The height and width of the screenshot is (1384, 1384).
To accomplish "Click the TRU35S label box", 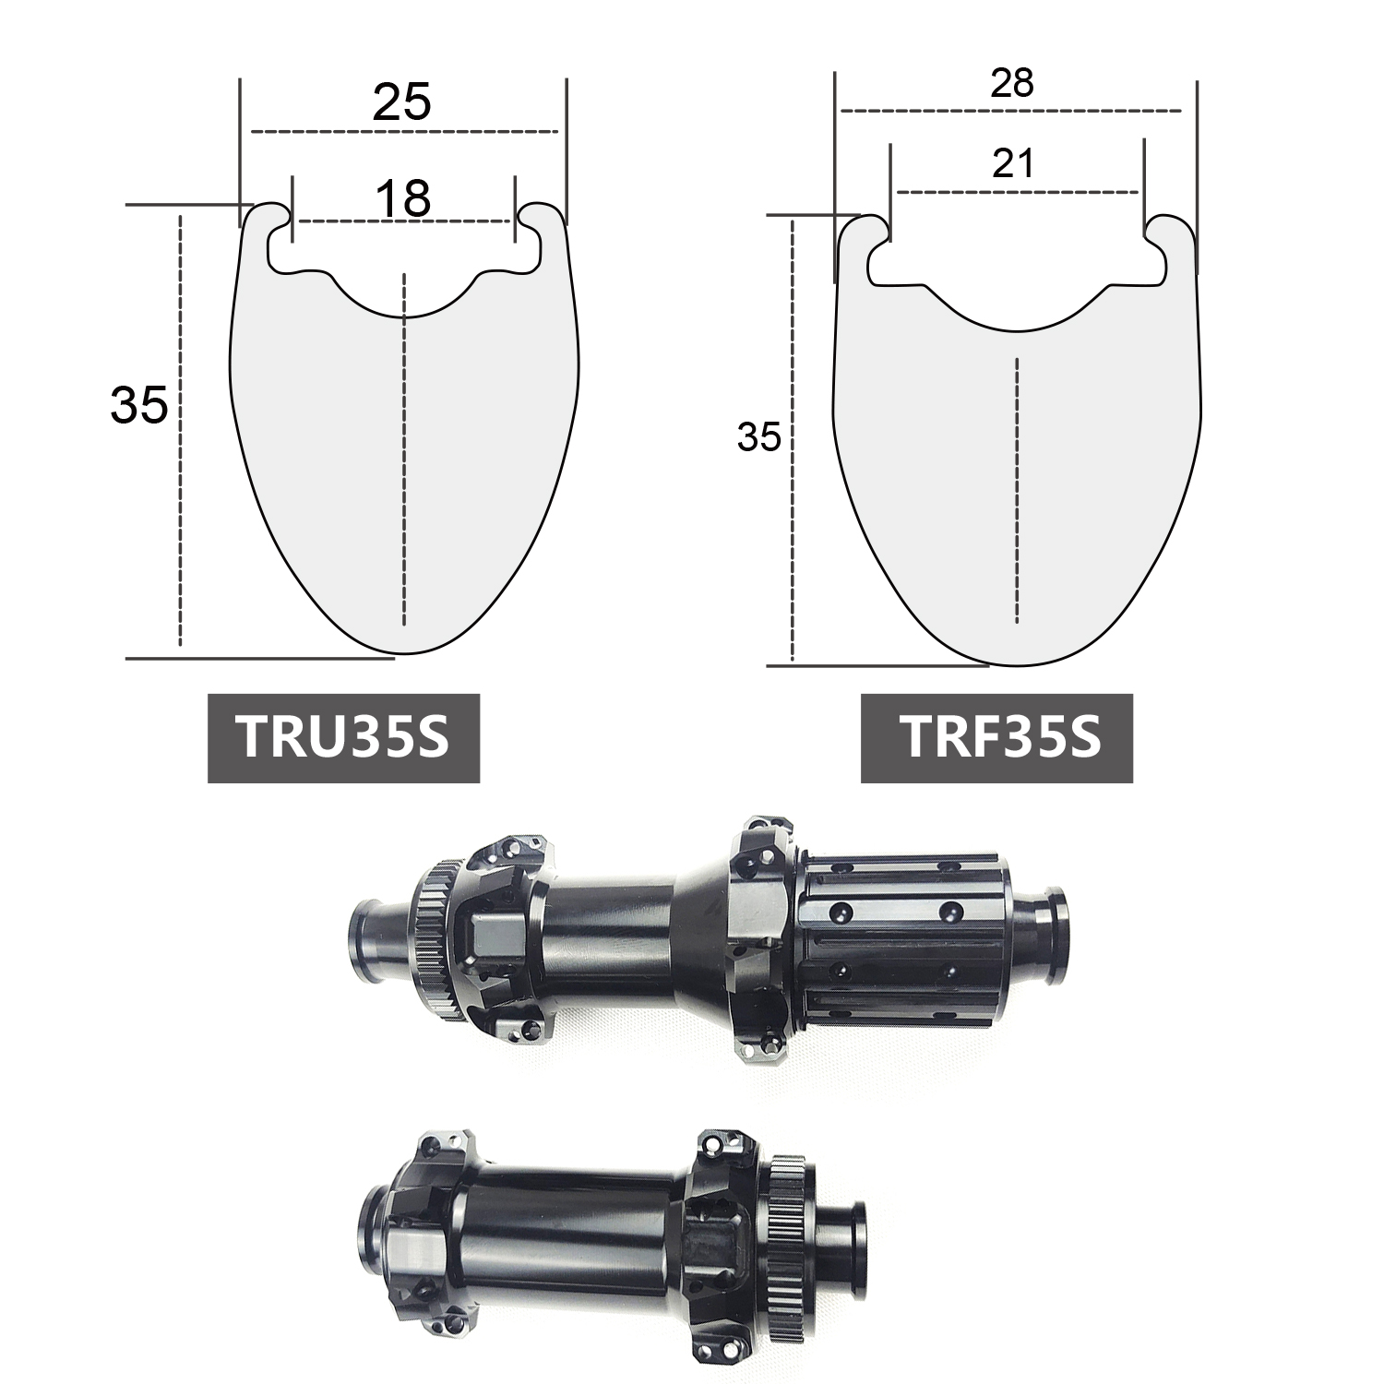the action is [343, 738].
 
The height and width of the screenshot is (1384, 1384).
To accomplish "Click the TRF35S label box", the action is [996, 738].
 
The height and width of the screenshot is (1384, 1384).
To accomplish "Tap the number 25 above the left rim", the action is [402, 102].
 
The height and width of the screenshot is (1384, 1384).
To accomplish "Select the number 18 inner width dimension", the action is [404, 198].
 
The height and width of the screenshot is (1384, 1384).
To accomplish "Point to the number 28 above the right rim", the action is [1011, 84].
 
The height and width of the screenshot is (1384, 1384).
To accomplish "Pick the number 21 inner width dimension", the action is [1013, 163].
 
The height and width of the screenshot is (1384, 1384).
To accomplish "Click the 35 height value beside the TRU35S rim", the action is [139, 404].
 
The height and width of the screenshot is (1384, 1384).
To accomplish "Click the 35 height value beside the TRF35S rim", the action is [759, 438].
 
